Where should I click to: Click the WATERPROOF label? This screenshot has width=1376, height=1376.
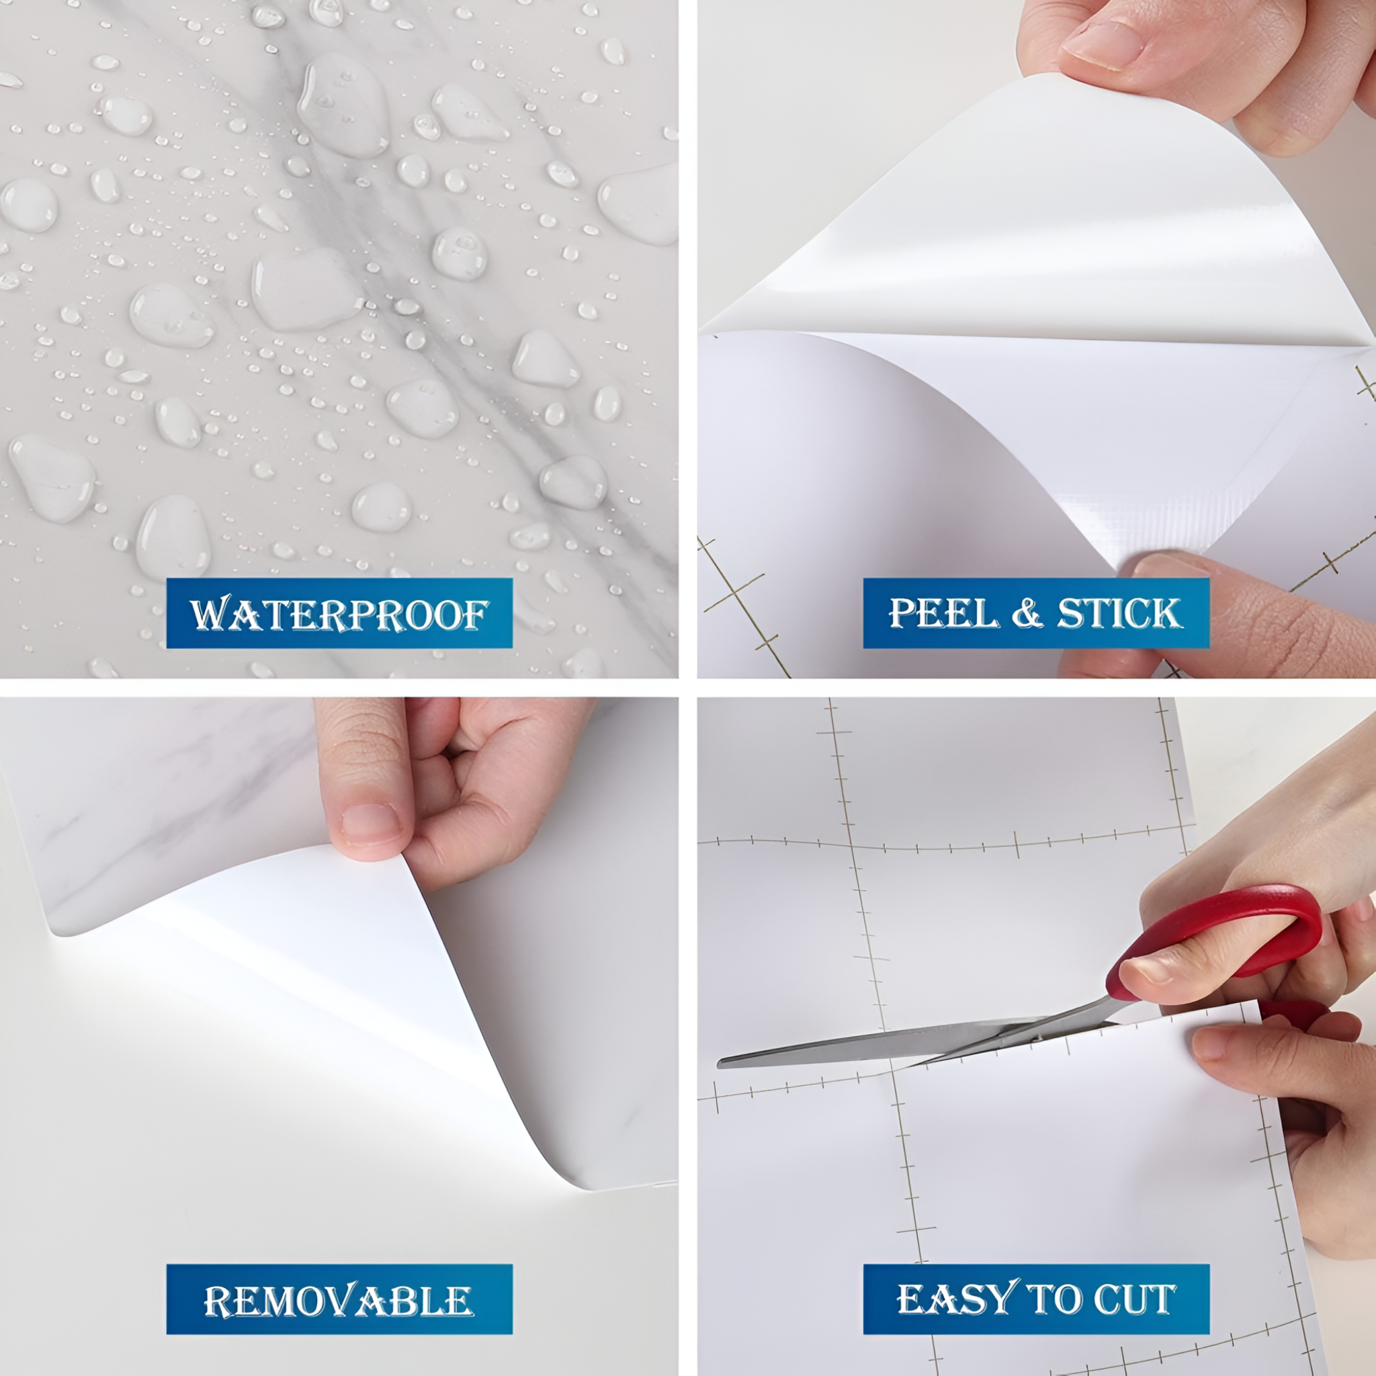tap(339, 613)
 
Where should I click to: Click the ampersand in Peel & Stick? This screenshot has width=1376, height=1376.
tap(1027, 613)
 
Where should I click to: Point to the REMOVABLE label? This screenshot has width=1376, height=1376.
tap(339, 1300)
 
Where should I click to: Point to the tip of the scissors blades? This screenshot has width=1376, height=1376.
tap(721, 1063)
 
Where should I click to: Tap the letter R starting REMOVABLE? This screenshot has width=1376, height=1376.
tap(216, 1301)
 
